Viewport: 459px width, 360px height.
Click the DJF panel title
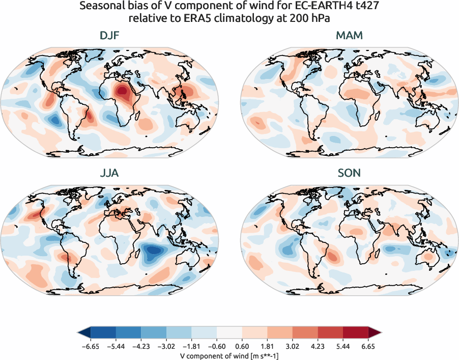(109, 36)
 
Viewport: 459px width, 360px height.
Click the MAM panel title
(349, 36)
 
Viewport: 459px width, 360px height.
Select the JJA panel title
(109, 173)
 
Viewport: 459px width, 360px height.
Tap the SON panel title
(349, 173)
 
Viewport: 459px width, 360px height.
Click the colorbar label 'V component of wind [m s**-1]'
(229, 355)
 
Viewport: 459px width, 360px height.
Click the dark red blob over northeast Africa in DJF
(122, 92)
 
